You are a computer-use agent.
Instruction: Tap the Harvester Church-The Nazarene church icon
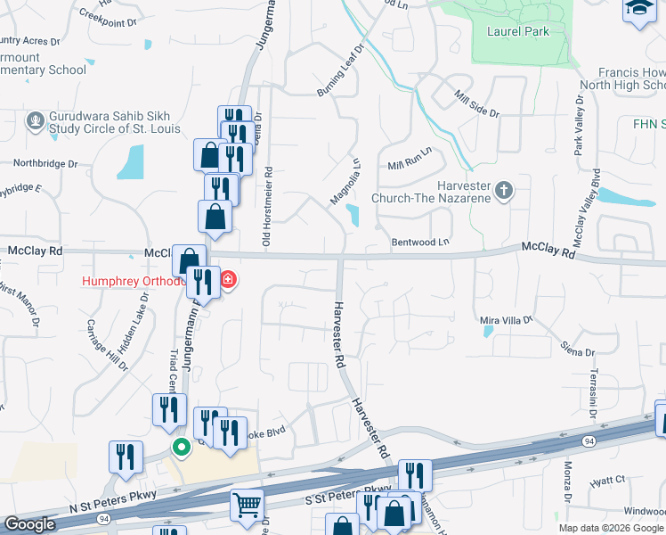[x=504, y=189]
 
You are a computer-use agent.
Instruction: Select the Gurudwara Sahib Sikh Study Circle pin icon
[x=36, y=120]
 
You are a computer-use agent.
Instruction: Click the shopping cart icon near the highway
[x=247, y=506]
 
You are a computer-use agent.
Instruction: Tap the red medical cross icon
[x=228, y=281]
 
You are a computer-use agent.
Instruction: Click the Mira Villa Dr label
[x=506, y=319]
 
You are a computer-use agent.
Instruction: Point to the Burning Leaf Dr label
[x=340, y=72]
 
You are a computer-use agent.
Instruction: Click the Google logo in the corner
[x=29, y=524]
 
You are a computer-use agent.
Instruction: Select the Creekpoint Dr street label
[x=110, y=14]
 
